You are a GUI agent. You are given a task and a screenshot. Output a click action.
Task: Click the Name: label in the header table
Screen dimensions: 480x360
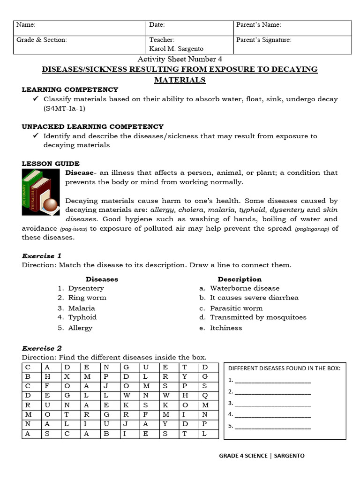tap(26, 25)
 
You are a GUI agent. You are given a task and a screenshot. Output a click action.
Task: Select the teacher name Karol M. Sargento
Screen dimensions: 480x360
tap(176, 49)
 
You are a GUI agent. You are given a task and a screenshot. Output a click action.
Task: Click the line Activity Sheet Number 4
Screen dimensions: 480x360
tap(180, 59)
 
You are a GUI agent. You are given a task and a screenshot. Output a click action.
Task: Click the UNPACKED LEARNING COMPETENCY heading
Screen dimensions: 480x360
tap(93, 127)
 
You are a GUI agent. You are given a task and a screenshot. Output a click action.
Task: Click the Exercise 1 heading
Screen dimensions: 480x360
tap(42, 256)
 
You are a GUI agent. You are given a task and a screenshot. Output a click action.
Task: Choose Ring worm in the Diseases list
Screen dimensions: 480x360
tap(87, 298)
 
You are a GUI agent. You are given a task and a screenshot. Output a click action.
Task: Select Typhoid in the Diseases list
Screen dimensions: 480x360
tap(82, 317)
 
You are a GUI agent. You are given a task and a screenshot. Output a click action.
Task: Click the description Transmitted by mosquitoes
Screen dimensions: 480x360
tap(258, 317)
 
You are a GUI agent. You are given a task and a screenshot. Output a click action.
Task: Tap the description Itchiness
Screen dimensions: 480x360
tap(226, 328)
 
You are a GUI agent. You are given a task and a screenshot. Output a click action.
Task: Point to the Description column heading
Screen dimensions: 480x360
tap(240, 279)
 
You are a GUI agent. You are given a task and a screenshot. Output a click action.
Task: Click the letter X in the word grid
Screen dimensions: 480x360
tap(67, 376)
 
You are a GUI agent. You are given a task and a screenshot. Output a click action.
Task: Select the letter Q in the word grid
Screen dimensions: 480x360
tap(204, 395)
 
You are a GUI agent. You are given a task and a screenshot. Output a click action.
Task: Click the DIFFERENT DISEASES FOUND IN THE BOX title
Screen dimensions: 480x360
tap(284, 368)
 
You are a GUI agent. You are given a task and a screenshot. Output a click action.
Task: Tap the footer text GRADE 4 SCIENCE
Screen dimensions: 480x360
tap(243, 456)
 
